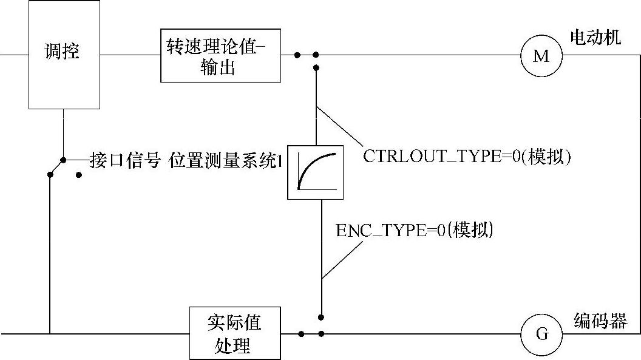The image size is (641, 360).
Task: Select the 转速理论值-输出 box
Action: (x=220, y=55)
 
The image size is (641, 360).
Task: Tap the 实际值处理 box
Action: (x=235, y=333)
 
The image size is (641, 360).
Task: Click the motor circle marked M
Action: (x=541, y=56)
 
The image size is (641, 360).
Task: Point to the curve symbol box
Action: (x=315, y=172)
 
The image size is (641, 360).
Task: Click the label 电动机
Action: (x=595, y=38)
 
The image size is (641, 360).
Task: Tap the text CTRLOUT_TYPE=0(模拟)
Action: (x=467, y=156)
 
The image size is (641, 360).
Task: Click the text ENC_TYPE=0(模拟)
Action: (x=414, y=231)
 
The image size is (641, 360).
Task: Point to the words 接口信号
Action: (x=125, y=160)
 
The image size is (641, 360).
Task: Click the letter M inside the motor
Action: (x=541, y=56)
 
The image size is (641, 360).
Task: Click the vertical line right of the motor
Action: (x=640, y=182)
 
